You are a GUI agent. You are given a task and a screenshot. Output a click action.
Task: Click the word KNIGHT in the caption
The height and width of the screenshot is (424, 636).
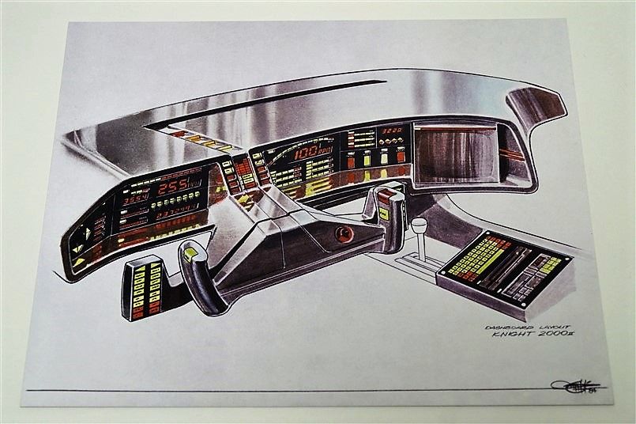514,334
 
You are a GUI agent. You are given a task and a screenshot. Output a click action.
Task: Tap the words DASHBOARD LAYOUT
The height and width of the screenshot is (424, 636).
517,324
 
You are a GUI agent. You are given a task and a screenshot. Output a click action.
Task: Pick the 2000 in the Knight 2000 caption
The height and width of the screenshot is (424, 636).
556,334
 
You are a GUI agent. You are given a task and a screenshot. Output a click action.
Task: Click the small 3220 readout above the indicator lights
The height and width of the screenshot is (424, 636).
392,131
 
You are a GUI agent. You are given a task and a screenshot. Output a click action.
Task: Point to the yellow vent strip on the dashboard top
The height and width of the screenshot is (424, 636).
206,142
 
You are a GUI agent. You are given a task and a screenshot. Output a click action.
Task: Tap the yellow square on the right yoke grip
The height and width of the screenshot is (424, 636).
383,214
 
